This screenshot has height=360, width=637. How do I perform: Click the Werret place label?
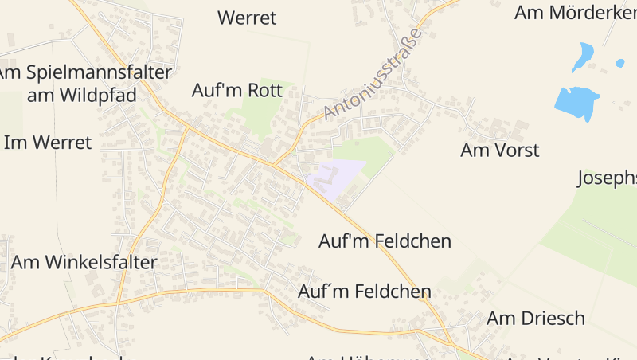[247, 18]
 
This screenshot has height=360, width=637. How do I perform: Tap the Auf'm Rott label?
[237, 90]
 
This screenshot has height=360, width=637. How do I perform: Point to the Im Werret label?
[48, 143]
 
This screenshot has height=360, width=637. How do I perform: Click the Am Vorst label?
[500, 150]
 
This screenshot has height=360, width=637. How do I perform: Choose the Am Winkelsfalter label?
[84, 262]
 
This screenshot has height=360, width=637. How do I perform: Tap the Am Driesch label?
[536, 319]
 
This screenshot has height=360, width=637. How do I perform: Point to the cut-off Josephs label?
[607, 178]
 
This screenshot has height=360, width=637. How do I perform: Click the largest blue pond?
[576, 103]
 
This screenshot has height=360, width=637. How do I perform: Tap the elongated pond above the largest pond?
[583, 55]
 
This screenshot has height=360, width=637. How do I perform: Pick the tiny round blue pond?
[620, 63]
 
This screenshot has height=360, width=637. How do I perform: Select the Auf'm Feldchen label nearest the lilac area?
[385, 241]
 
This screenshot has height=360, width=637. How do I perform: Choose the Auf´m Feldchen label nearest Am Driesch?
[365, 292]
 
